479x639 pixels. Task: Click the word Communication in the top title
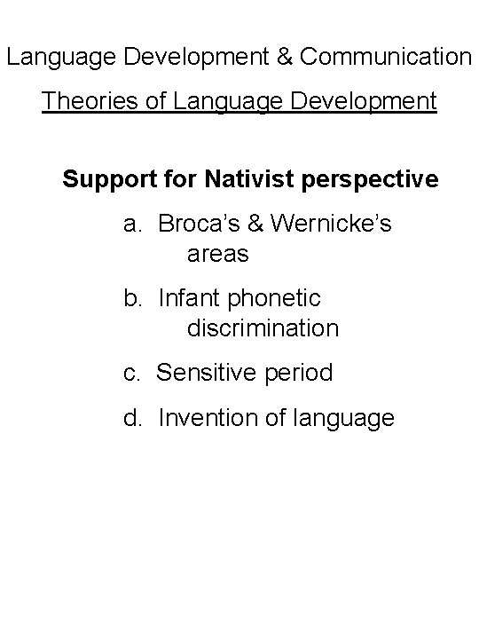[386, 58]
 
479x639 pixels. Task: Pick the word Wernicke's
[332, 225]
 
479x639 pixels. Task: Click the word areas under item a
[218, 254]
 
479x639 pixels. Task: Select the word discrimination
[263, 328]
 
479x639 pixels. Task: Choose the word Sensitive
[207, 373]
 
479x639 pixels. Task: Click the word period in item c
[298, 373]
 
